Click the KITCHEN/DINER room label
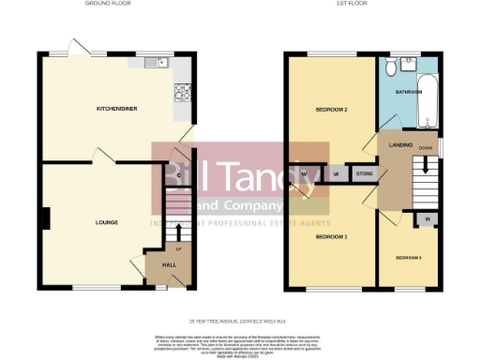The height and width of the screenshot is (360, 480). click(x=117, y=109)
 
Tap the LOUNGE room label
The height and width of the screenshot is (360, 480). click(x=106, y=222)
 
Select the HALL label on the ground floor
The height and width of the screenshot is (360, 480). click(x=169, y=266)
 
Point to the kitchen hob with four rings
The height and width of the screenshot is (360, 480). click(x=181, y=92)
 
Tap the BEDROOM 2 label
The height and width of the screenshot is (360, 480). click(x=332, y=110)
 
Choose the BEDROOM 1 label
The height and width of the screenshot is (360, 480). click(x=331, y=236)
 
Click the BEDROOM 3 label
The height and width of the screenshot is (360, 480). click(x=408, y=257)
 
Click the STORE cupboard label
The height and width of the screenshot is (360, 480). click(x=364, y=173)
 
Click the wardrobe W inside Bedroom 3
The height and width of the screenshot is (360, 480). click(x=427, y=219)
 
